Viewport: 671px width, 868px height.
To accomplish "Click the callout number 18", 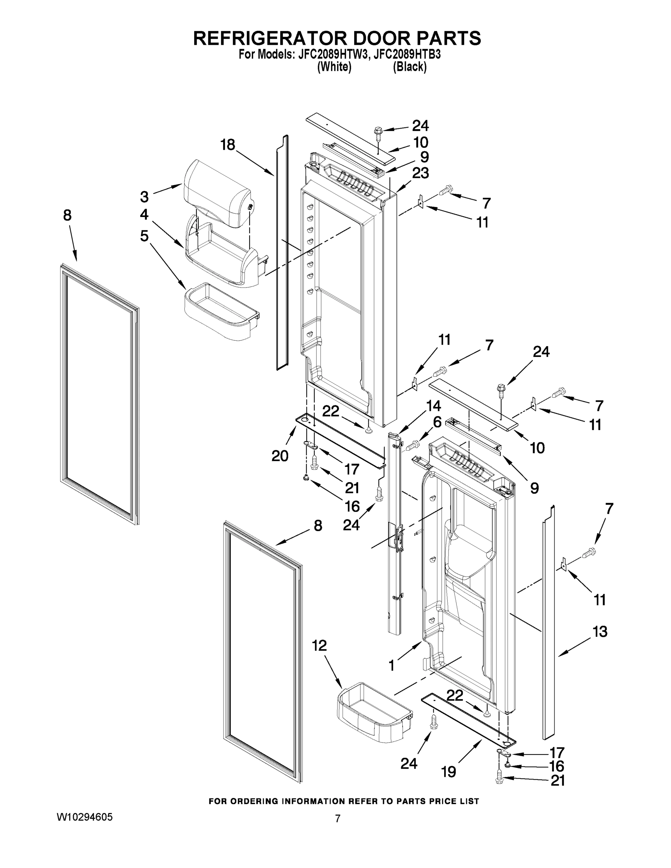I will pyautogui.click(x=228, y=145).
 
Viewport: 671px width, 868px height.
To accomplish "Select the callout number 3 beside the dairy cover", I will pyautogui.click(x=144, y=197).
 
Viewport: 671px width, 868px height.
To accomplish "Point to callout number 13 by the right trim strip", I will pyautogui.click(x=600, y=631).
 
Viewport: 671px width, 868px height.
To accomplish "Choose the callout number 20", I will pyautogui.click(x=280, y=456).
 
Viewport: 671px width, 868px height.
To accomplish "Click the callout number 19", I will pyautogui.click(x=449, y=772).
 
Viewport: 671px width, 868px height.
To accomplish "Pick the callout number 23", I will pyautogui.click(x=421, y=173).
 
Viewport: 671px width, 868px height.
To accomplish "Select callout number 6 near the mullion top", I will pyautogui.click(x=437, y=422).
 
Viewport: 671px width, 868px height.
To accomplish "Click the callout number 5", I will pyautogui.click(x=144, y=236).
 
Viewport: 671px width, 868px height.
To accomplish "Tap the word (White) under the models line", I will pyautogui.click(x=334, y=67).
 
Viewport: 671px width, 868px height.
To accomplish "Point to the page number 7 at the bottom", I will pyautogui.click(x=337, y=819).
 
